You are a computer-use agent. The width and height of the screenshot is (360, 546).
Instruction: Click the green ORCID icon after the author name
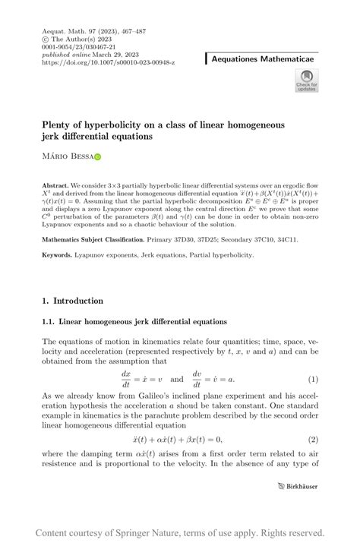[x=97, y=157]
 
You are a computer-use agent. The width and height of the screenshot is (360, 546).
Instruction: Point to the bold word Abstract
[x=55, y=185]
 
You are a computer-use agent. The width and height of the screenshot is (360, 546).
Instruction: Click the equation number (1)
[x=313, y=379]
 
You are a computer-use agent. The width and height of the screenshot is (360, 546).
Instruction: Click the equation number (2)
[x=313, y=440]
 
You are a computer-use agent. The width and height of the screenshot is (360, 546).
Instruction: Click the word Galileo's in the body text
[x=166, y=396]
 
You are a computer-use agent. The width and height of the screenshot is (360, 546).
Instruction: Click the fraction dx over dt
[x=126, y=379]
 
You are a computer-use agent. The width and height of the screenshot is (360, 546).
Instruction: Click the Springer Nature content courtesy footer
[x=180, y=532]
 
